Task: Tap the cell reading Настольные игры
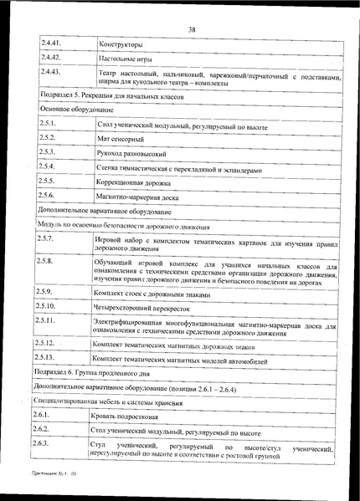pos(126,61)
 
